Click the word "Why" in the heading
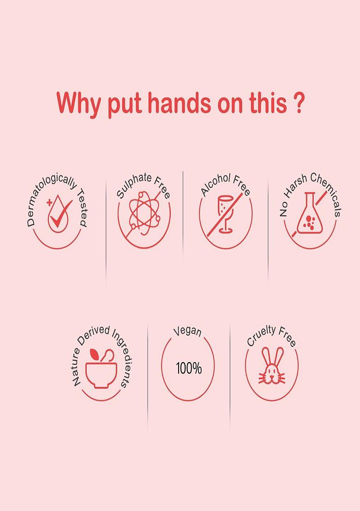point(79,103)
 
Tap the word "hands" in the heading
point(180,103)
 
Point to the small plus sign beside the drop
point(49,203)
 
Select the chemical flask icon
point(309,213)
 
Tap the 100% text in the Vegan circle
point(189,368)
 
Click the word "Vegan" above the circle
point(187,331)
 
